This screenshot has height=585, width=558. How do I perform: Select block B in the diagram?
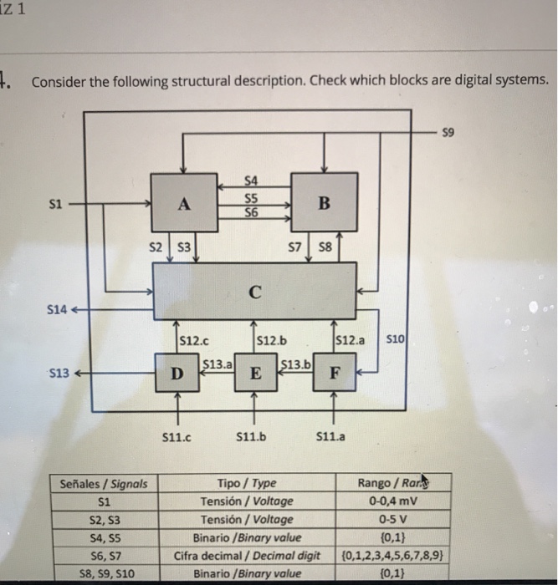[325, 203]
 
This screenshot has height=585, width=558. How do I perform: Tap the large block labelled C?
[254, 292]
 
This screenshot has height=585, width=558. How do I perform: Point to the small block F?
[334, 372]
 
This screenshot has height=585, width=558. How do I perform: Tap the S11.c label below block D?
[176, 436]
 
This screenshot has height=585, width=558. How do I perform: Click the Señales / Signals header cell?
[105, 483]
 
